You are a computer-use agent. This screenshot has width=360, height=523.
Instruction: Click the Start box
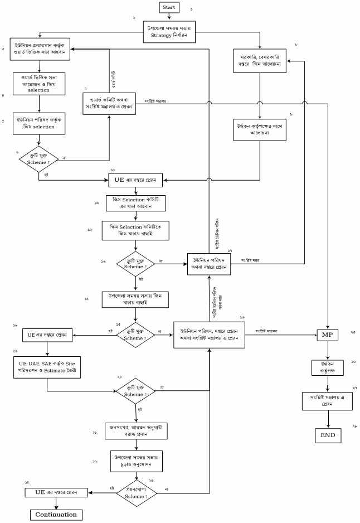tap(169, 7)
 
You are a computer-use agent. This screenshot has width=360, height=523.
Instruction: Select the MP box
tap(327, 335)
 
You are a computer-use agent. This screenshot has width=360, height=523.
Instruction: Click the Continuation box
tap(56, 514)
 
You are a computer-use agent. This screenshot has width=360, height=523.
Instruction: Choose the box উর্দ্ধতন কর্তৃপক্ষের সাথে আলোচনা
tap(260, 131)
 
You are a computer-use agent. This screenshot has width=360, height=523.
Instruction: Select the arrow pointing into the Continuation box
tap(56, 503)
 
